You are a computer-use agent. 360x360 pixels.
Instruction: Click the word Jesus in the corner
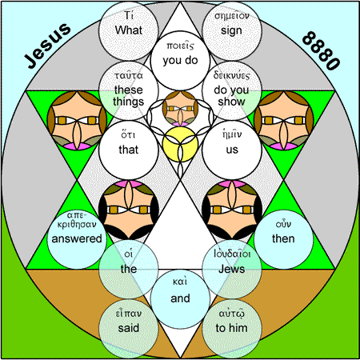(48, 46)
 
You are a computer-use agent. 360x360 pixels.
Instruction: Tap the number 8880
(321, 50)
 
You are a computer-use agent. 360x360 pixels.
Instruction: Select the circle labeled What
(129, 30)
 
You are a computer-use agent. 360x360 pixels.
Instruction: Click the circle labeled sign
(232, 30)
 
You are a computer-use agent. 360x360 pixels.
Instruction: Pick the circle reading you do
(180, 61)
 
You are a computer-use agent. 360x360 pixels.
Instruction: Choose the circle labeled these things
(129, 90)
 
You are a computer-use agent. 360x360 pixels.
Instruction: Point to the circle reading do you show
(232, 90)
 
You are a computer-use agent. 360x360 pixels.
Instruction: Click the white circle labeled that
(129, 150)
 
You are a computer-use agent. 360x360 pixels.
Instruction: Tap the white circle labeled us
(232, 150)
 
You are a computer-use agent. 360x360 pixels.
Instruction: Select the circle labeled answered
(77, 239)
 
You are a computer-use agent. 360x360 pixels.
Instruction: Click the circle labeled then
(283, 239)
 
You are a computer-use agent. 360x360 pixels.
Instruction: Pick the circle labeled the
(129, 269)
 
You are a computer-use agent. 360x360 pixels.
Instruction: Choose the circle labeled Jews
(232, 269)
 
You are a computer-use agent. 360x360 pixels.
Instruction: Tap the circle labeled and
(180, 299)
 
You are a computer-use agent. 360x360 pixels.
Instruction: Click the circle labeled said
(129, 329)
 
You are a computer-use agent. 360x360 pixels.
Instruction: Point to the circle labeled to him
(232, 329)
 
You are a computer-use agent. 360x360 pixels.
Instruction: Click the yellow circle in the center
(180, 144)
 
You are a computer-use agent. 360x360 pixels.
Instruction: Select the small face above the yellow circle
(180, 109)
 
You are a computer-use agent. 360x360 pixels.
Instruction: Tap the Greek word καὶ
(180, 282)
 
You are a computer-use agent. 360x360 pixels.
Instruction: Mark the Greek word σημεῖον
(232, 16)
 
